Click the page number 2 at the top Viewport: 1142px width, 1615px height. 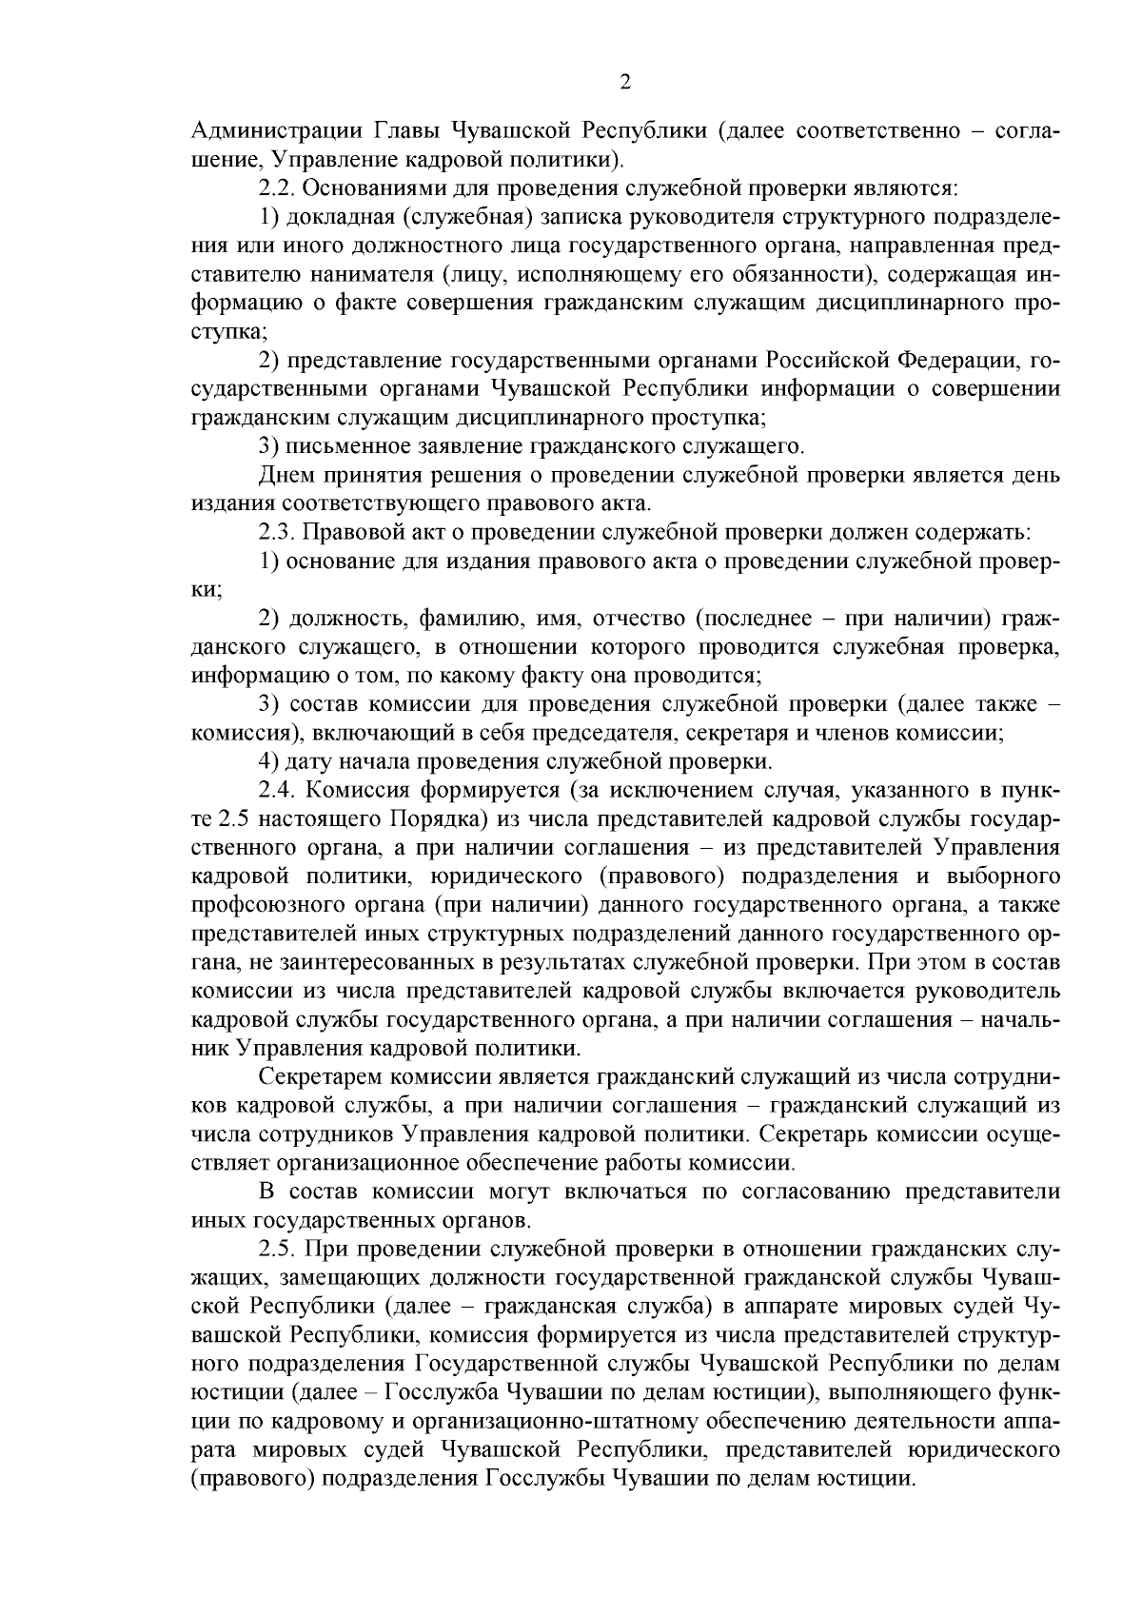click(624, 83)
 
